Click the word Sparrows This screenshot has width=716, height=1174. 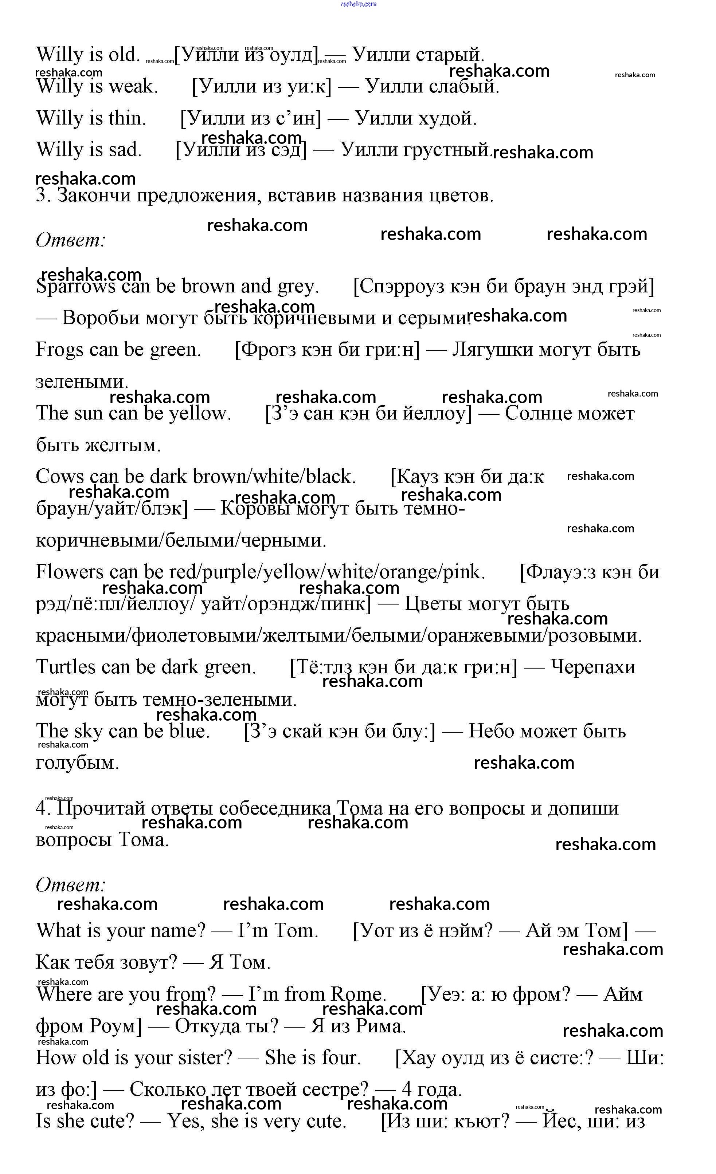(x=75, y=287)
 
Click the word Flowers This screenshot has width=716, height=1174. (x=69, y=572)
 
